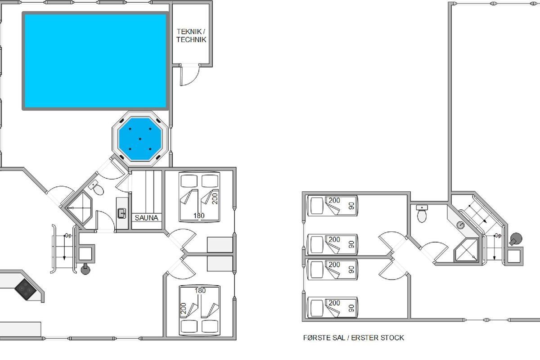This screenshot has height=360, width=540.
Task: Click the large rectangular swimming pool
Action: pyautogui.click(x=95, y=61)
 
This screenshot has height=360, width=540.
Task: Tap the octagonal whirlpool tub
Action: pyautogui.click(x=140, y=139)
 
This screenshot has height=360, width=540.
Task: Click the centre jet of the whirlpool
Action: pyautogui.click(x=140, y=139)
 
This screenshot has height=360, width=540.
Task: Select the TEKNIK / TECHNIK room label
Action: pyautogui.click(x=191, y=36)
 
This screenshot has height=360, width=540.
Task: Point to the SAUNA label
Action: pyautogui.click(x=146, y=218)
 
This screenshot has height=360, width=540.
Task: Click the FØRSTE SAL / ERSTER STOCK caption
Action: pyautogui.click(x=353, y=337)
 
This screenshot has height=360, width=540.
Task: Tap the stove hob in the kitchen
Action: pyautogui.click(x=26, y=289)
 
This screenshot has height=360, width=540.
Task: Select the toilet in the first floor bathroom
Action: pyautogui.click(x=422, y=213)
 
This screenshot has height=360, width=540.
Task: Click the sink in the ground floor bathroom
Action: pyautogui.click(x=121, y=213)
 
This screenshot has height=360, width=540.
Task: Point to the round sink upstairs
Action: pyautogui.click(x=461, y=225)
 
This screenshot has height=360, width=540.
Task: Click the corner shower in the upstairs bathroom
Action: pyautogui.click(x=466, y=250)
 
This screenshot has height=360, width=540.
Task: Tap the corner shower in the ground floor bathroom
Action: pyautogui.click(x=80, y=208)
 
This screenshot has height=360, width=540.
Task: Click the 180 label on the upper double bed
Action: pyautogui.click(x=199, y=216)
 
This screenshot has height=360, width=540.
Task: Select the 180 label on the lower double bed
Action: pyautogui.click(x=200, y=291)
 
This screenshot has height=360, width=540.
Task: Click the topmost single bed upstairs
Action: pyautogui.click(x=333, y=206)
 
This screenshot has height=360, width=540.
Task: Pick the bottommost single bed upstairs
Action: pyautogui.click(x=333, y=307)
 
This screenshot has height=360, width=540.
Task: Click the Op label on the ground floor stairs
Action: pyautogui.click(x=68, y=236)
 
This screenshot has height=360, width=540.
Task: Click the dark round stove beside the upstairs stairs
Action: pyautogui.click(x=515, y=239)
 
